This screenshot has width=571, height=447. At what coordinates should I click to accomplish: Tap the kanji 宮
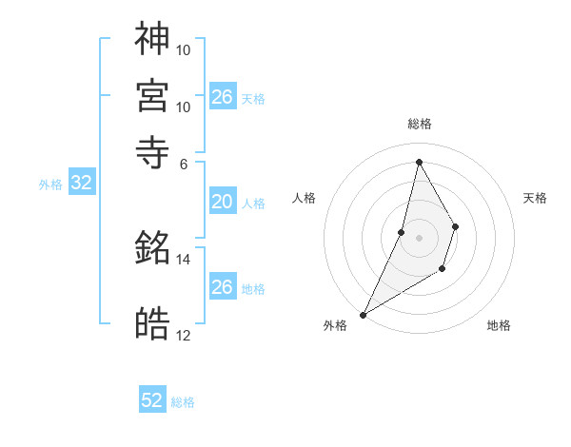tap(152, 95)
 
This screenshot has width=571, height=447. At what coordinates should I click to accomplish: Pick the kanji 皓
tap(152, 325)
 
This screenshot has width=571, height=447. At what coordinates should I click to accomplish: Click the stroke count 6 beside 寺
tap(185, 163)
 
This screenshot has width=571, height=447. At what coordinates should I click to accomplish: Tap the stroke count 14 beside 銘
tap(184, 259)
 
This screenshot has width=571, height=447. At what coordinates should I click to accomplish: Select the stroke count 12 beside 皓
tap(184, 335)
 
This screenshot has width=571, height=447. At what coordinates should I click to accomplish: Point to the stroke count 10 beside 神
tap(184, 49)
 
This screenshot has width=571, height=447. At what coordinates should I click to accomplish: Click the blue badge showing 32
tap(81, 184)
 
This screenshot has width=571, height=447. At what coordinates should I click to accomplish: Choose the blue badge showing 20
tap(222, 202)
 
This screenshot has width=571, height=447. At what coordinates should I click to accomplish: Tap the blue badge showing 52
tap(152, 400)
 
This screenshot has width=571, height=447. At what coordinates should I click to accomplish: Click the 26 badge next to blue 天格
tap(222, 97)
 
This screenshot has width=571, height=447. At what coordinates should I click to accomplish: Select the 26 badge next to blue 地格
tap(222, 287)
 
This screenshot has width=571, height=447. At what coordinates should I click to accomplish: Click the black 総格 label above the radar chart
tap(419, 124)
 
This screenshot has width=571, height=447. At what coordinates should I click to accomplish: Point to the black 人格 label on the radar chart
tap(305, 198)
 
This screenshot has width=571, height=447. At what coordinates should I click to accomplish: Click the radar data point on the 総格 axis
tap(419, 162)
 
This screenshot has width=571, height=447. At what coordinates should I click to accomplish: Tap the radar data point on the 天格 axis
tap(456, 226)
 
